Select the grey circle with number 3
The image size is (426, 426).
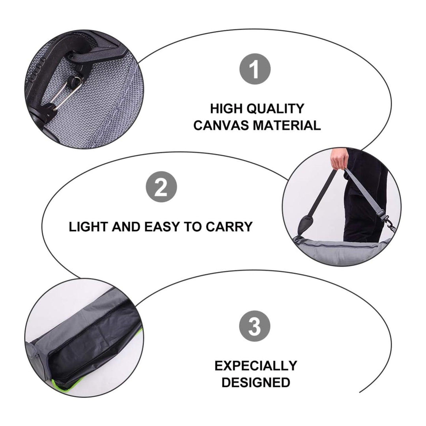[255, 327]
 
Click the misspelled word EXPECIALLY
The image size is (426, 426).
[256, 366]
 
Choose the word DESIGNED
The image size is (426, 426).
[256, 382]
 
